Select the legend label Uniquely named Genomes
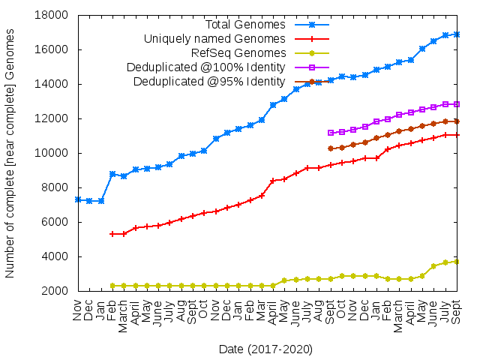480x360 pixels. (214, 39)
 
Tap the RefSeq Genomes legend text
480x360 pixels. (238, 53)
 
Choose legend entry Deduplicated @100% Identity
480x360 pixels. (209, 67)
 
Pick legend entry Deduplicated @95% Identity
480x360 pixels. (209, 82)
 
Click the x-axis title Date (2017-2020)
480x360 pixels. (265, 349)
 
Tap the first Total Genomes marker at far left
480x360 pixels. (78, 199)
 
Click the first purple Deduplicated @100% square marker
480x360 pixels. (331, 133)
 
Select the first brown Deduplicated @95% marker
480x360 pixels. (331, 148)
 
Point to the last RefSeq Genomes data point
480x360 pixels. (457, 261)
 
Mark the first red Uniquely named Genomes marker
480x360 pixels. (112, 234)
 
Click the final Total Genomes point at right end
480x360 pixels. (457, 34)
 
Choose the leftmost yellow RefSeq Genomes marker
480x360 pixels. (112, 286)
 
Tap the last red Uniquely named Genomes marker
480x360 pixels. (457, 135)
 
